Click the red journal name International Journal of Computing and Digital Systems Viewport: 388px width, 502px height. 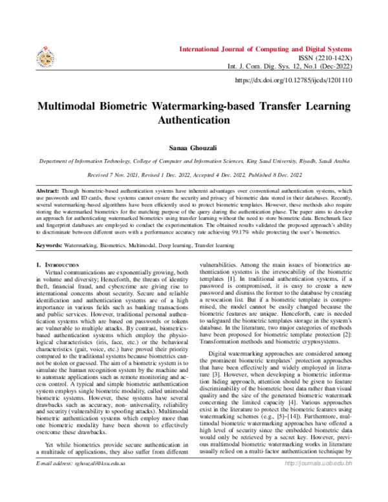(266, 49)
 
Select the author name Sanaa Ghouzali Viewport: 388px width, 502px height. (194, 148)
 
